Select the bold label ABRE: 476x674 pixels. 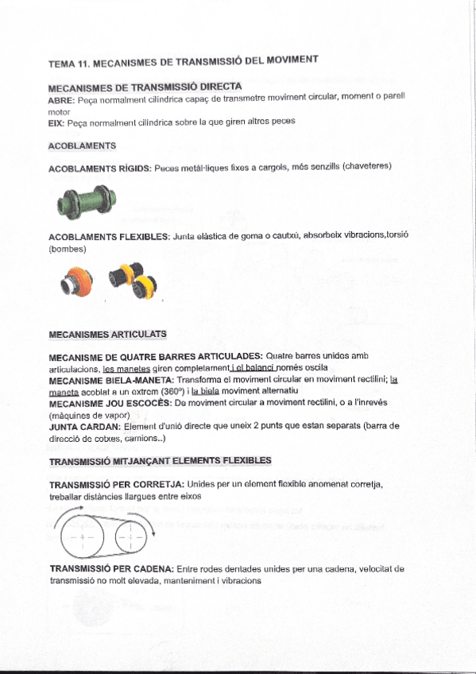[61, 101]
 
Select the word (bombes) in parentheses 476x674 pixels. [68, 249]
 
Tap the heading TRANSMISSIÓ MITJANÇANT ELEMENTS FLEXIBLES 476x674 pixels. [160, 461]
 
